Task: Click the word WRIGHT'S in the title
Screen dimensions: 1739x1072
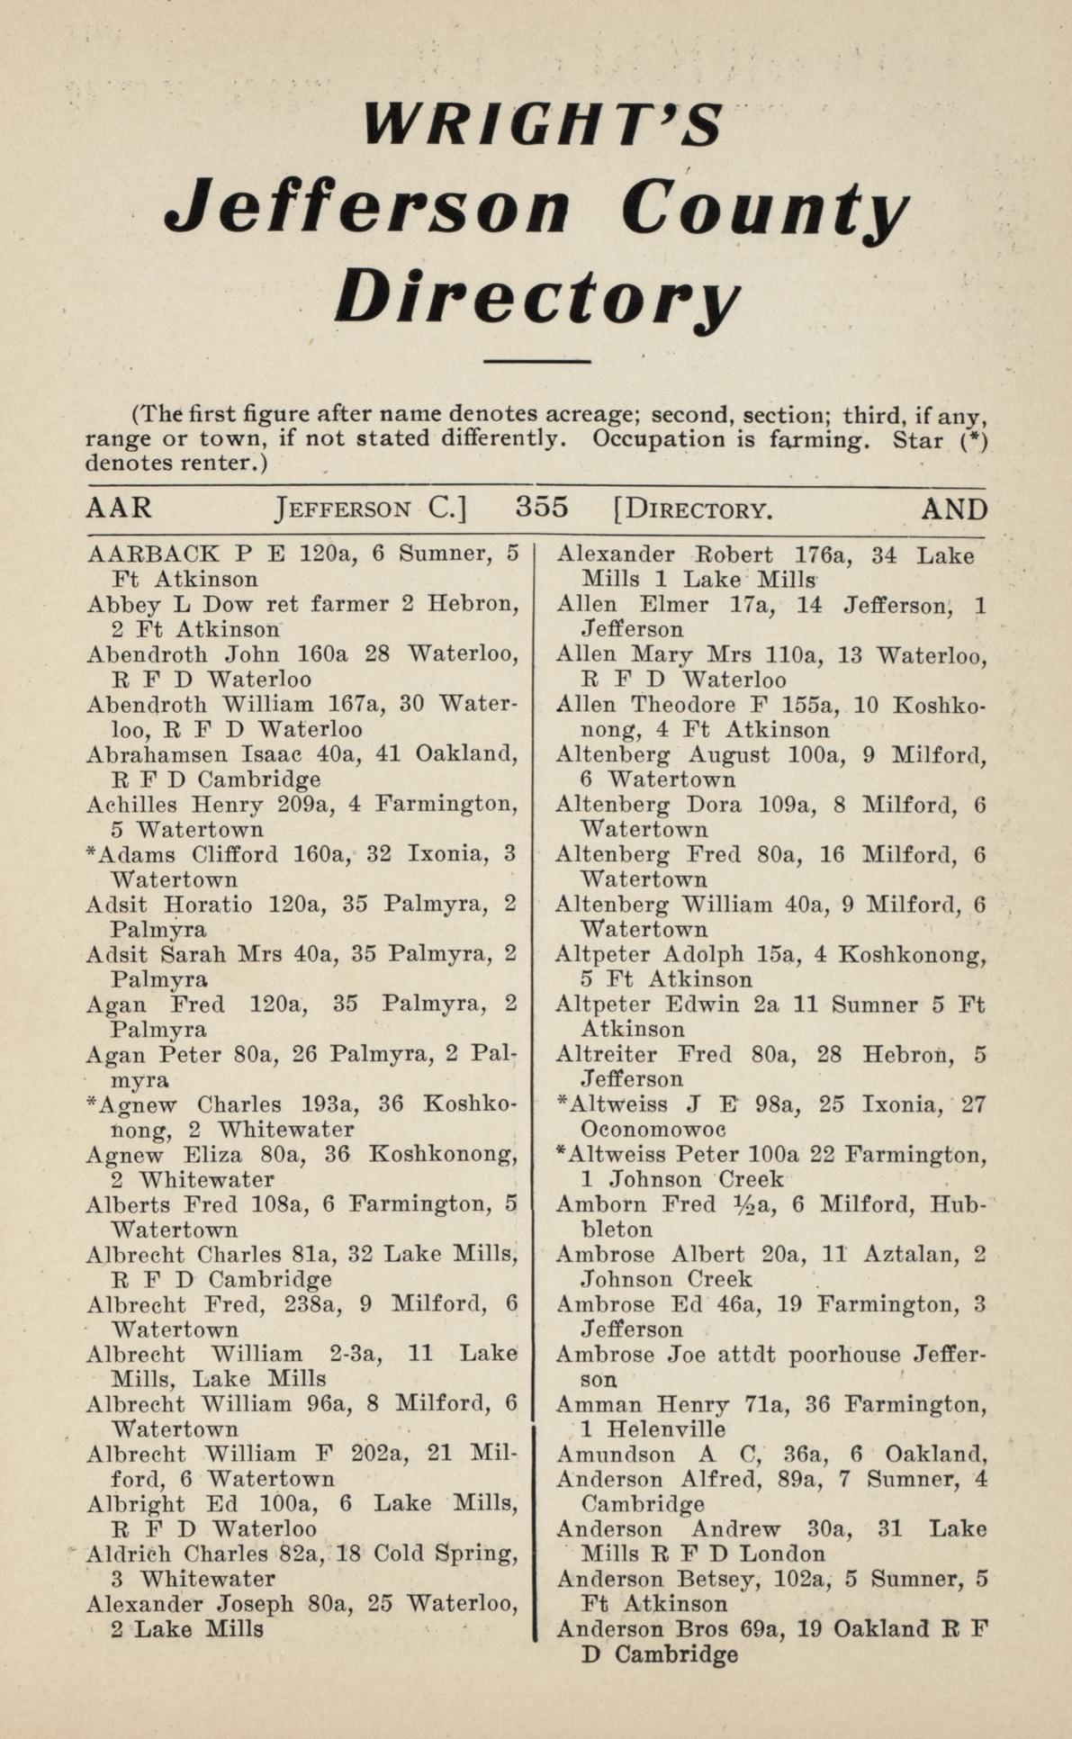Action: tap(544, 125)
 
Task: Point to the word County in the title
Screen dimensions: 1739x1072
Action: tap(763, 210)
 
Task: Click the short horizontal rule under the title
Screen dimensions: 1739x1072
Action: tap(536, 362)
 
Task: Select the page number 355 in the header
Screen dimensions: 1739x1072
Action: tap(542, 508)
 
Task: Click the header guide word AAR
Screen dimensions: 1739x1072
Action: tap(119, 509)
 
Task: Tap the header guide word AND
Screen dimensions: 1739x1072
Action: tap(954, 509)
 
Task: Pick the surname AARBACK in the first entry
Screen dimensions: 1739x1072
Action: tap(152, 554)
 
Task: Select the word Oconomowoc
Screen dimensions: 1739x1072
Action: tap(653, 1129)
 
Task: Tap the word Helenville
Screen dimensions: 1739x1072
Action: tap(666, 1429)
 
